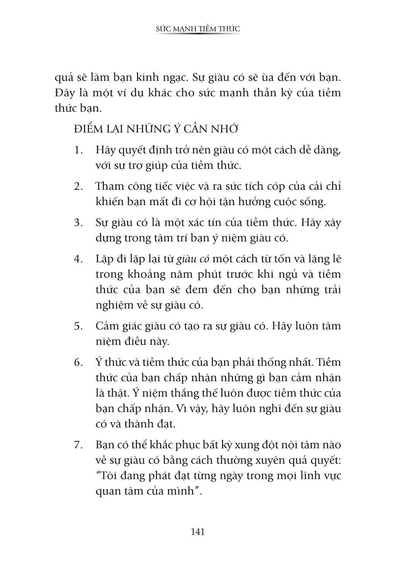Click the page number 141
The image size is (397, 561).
tap(198, 532)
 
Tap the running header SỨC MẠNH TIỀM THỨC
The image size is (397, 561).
tap(198, 29)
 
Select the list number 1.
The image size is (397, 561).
tap(78, 151)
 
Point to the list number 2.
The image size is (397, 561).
tap(78, 187)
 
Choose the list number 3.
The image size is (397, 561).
tap(78, 222)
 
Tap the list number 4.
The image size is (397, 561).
tap(78, 259)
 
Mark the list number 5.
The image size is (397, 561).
tap(78, 326)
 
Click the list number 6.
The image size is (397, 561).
tap(78, 362)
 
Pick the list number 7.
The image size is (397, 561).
tap(78, 445)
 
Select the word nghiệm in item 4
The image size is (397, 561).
tap(114, 306)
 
